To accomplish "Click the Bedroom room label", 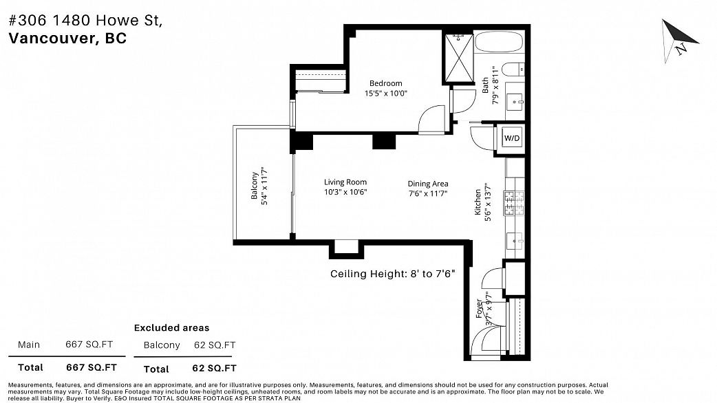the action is pyautogui.click(x=385, y=83).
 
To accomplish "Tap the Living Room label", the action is pyautogui.click(x=345, y=182).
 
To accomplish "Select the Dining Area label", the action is pyautogui.click(x=428, y=184).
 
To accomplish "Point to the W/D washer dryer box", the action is pyautogui.click(x=512, y=138).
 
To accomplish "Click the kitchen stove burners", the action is pyautogui.click(x=514, y=203).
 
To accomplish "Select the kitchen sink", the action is pyautogui.click(x=515, y=240).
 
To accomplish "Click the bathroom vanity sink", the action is pyautogui.click(x=516, y=100).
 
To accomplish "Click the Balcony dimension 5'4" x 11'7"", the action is pyautogui.click(x=264, y=186).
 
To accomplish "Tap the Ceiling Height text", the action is pyautogui.click(x=392, y=274).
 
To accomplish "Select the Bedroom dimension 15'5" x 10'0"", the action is pyautogui.click(x=385, y=94).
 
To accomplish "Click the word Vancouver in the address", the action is pyautogui.click(x=51, y=39).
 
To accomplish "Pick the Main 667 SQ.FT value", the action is pyautogui.click(x=89, y=345).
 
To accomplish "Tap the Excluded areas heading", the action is pyautogui.click(x=171, y=327).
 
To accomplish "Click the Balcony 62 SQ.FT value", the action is pyautogui.click(x=215, y=345).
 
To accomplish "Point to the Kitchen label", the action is pyautogui.click(x=478, y=202).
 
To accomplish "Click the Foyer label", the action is pyautogui.click(x=479, y=308).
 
